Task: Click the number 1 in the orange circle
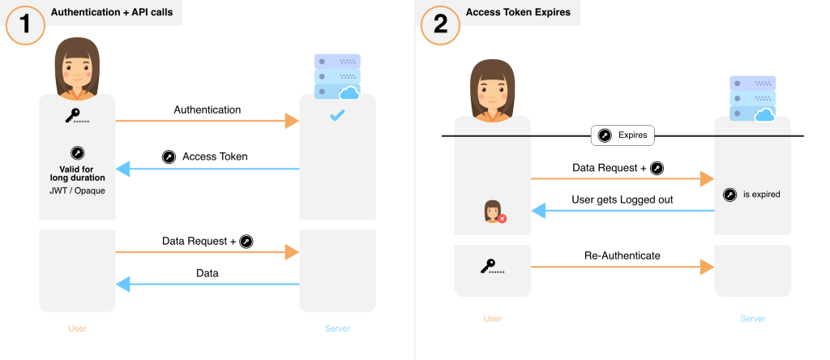coord(25,24)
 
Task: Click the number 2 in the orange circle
coord(440,24)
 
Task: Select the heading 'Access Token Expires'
coord(519,12)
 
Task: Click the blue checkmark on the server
coord(337,118)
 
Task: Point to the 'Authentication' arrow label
coord(207,109)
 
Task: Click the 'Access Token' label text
coord(215,156)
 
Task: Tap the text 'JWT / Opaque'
coord(77,191)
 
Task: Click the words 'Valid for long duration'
coord(77,172)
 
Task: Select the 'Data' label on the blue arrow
coord(207,273)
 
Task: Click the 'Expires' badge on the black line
coord(622,135)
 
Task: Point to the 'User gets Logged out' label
coord(622,199)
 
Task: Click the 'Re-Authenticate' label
coord(622,255)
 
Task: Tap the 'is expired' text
coord(761,195)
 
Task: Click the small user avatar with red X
coord(494,211)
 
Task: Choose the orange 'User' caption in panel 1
coord(77,328)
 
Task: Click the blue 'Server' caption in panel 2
coord(752,319)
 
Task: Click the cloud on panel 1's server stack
coord(349,93)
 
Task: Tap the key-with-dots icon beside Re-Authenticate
coord(493,266)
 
